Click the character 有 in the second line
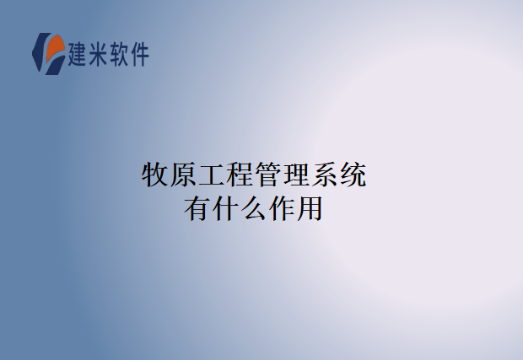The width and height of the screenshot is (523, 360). coord(197,208)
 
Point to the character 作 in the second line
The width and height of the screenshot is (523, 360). coord(282,208)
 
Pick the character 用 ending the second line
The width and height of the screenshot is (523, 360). coord(310,208)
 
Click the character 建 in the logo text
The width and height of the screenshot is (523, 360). coord(80,54)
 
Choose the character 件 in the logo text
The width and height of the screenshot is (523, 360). coord(141,54)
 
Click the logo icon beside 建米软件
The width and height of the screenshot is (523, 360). coord(48,52)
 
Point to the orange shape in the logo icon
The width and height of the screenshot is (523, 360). coord(55,49)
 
